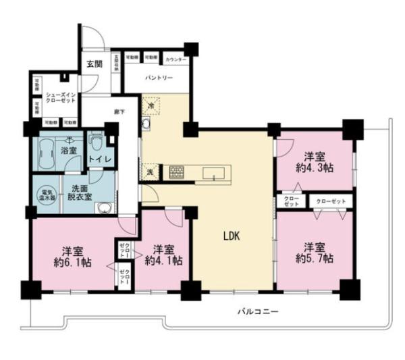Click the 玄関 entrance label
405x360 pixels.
click(x=94, y=64)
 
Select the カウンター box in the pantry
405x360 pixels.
click(x=176, y=60)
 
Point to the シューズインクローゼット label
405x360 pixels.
click(x=59, y=97)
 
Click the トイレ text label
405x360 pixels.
click(x=102, y=159)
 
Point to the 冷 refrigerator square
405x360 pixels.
click(x=151, y=106)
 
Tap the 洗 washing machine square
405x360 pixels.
click(x=150, y=172)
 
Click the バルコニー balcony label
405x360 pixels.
click(x=258, y=311)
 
